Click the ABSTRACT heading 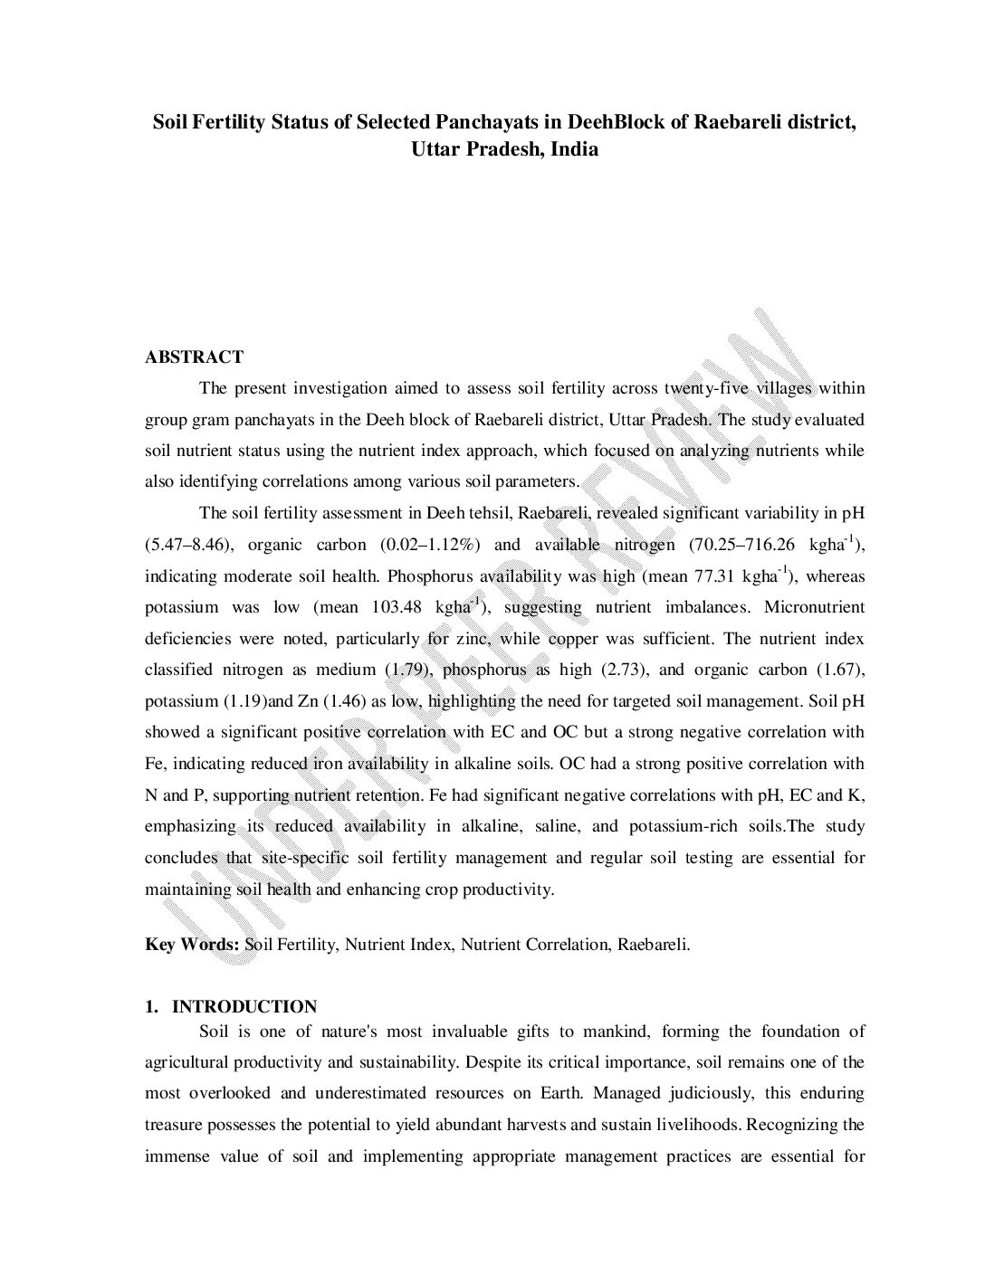pos(194,357)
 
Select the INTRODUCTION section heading pos(244,1007)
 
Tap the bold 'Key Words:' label pos(193,945)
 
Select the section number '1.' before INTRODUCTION pos(152,1007)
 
